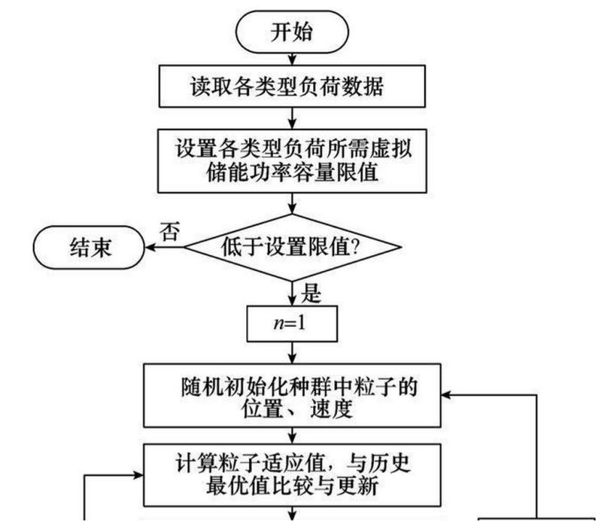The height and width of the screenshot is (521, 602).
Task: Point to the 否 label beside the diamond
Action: (x=171, y=231)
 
